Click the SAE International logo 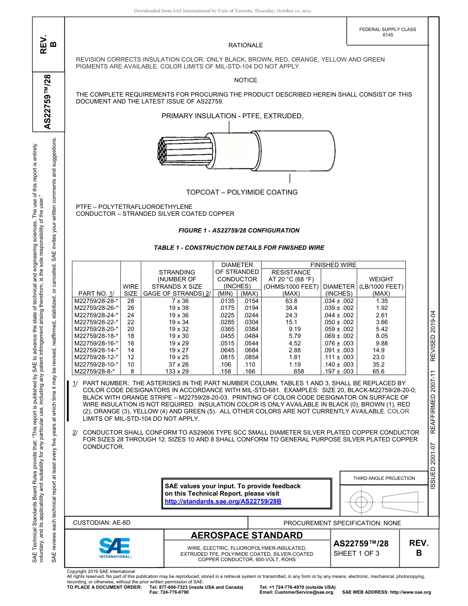point(114,547)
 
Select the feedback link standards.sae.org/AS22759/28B point(223,501)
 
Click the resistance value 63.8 point(291,301)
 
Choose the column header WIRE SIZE point(131,290)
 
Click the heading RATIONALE point(245,45)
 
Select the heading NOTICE point(245,80)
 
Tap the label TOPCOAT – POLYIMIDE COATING point(241,192)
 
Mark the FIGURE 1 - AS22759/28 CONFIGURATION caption point(238,231)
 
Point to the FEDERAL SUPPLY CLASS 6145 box point(387,32)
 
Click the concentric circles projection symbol point(362,502)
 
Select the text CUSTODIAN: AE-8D point(102,523)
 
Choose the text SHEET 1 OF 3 point(356,553)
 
